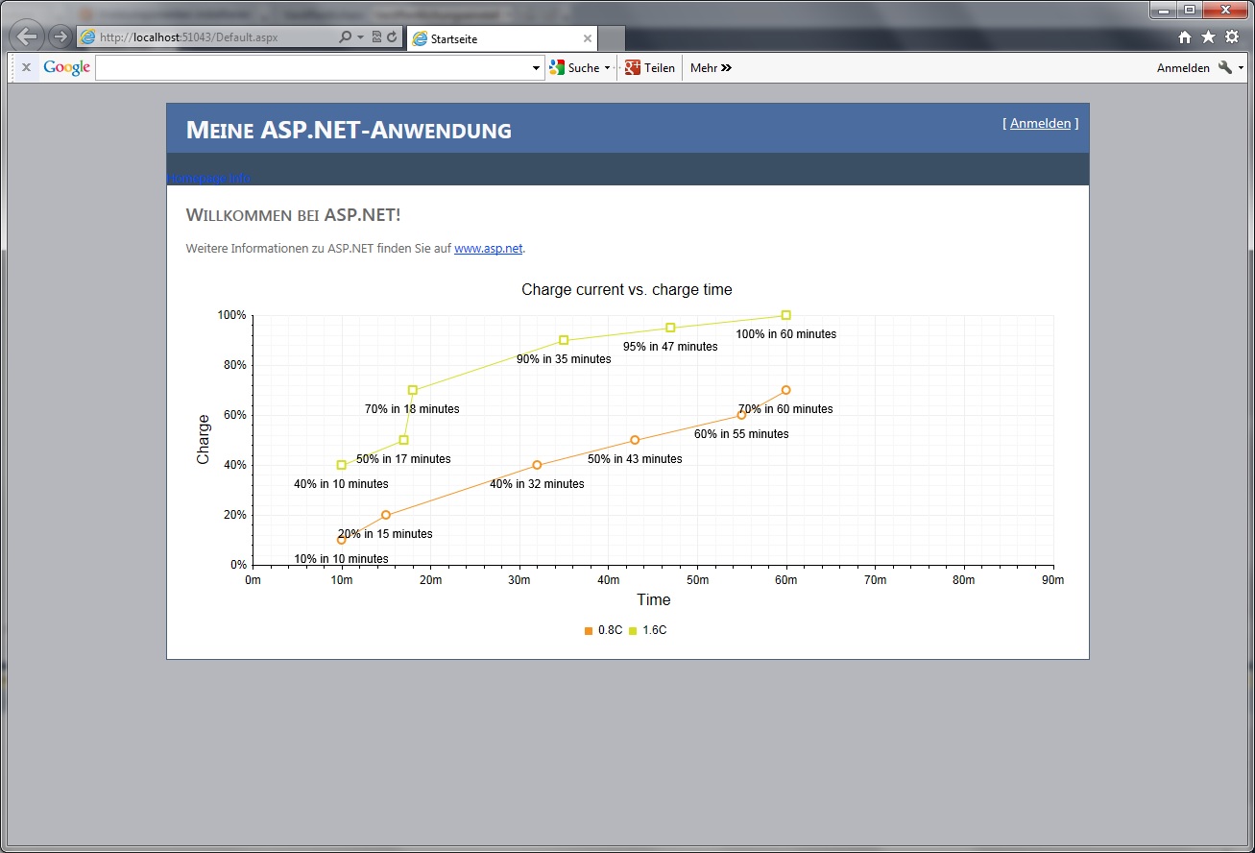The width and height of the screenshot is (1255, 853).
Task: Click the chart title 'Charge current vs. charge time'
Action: point(626,289)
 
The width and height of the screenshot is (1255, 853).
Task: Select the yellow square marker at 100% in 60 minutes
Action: point(786,315)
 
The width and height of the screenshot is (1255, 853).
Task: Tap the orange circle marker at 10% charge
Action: point(342,540)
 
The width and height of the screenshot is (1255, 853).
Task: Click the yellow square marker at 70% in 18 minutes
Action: point(413,390)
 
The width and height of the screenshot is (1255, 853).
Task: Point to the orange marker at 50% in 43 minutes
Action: point(635,440)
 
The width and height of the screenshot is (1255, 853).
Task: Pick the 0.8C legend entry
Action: point(604,630)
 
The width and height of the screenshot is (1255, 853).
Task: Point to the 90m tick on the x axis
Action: point(1052,580)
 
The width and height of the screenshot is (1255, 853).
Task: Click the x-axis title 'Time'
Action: point(653,599)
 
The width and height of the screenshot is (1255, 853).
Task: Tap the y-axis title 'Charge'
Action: point(204,439)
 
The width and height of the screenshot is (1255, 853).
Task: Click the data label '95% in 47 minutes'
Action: point(670,347)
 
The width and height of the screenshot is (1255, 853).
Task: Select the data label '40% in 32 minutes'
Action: point(537,484)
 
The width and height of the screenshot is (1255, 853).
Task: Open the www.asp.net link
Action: point(488,248)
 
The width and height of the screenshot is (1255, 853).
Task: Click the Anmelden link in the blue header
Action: point(1040,123)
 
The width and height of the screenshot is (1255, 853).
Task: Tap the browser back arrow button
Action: point(28,37)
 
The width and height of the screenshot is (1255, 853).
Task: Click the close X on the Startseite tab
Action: point(588,38)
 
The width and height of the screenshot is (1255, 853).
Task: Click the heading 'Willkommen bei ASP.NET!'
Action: point(293,215)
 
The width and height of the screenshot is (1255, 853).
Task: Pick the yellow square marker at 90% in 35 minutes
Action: point(564,340)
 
